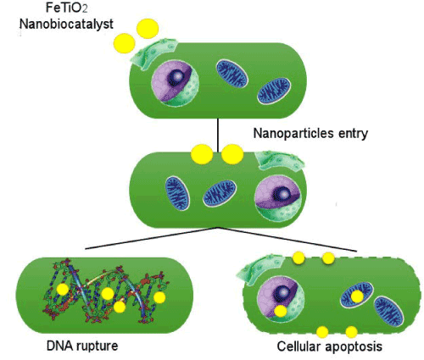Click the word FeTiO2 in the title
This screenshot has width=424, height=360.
pyautogui.click(x=67, y=8)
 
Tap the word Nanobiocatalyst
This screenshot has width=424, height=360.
pyautogui.click(x=66, y=25)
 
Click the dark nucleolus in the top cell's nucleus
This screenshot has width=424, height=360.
pyautogui.click(x=176, y=76)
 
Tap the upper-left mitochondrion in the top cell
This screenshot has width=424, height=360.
pyautogui.click(x=232, y=74)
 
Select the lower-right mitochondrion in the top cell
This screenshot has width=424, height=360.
pyautogui.click(x=274, y=91)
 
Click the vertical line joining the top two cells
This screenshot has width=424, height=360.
pyautogui.click(x=218, y=135)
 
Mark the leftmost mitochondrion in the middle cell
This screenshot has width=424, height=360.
pyautogui.click(x=177, y=193)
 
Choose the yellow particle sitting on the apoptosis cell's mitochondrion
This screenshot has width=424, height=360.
pyautogui.click(x=357, y=296)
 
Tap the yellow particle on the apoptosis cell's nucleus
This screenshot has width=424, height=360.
pyautogui.click(x=281, y=311)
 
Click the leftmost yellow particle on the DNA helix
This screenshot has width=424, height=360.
pyautogui.click(x=63, y=290)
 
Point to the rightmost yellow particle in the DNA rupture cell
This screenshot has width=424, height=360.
pyautogui.click(x=159, y=297)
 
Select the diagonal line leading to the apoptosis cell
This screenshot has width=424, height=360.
pyautogui.click(x=287, y=239)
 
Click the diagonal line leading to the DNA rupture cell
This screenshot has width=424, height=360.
pyautogui.click(x=151, y=238)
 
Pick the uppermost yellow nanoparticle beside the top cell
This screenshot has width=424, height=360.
pyautogui.click(x=148, y=29)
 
